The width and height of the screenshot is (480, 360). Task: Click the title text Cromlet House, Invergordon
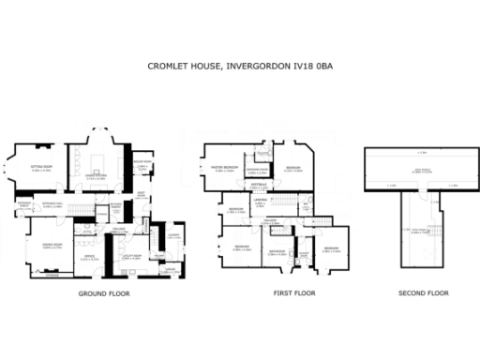coord(239,67)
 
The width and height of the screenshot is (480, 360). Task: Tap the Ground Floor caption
coord(103,293)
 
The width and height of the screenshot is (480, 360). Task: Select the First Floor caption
coord(293,293)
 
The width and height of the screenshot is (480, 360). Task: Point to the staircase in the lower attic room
coord(436,231)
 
